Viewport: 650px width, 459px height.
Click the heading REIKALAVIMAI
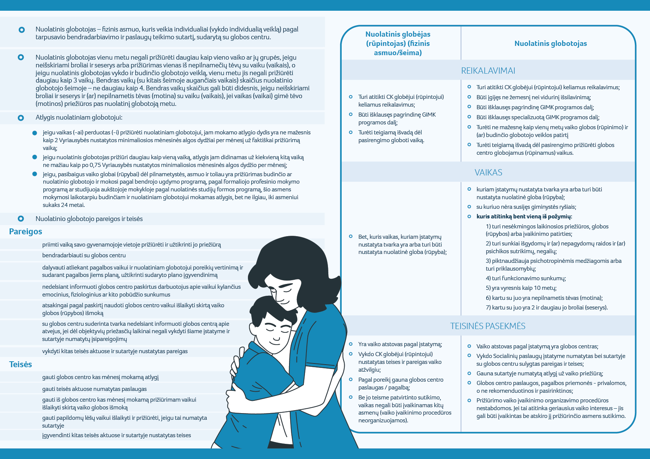pos(488,71)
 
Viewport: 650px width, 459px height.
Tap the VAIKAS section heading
pos(488,172)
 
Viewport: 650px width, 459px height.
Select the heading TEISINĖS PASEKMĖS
pos(488,326)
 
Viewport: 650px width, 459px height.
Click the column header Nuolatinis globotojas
pos(550,44)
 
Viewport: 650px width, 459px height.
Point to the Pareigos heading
pos(26,232)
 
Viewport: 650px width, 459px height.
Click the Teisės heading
pos(21,365)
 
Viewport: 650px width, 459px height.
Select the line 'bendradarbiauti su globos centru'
pos(84,255)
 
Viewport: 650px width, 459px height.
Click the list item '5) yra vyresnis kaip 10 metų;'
pos(521,288)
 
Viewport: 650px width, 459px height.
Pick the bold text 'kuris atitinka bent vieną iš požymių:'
pos(524,217)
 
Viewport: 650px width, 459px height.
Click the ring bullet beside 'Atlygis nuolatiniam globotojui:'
pos(21,118)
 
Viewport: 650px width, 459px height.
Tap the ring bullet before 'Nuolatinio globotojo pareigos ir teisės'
pos(21,219)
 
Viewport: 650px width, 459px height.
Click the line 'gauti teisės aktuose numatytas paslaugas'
pos(94,389)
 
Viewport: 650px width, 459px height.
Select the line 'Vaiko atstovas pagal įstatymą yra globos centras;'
pos(537,346)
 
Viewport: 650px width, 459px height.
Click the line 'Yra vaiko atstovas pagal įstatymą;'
pos(400,344)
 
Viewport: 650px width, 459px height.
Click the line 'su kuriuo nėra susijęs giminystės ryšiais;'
pos(526,207)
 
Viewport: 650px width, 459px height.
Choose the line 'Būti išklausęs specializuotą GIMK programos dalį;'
pos(538,117)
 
